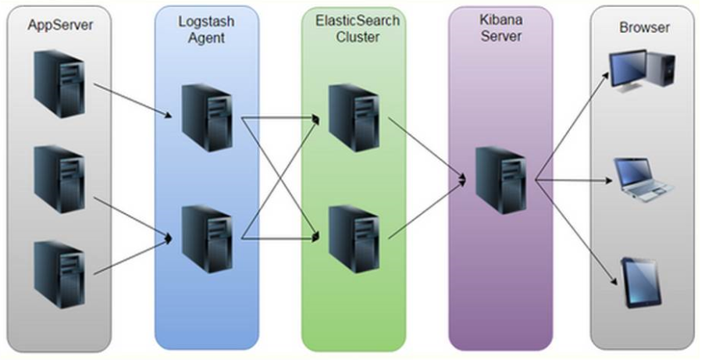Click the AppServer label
[x=60, y=25]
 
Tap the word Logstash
[x=206, y=21]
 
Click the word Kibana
[x=500, y=21]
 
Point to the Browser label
[x=644, y=27]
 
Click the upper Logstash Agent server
[x=206, y=117]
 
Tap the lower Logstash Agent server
[x=206, y=233]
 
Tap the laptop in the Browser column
[x=643, y=179]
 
